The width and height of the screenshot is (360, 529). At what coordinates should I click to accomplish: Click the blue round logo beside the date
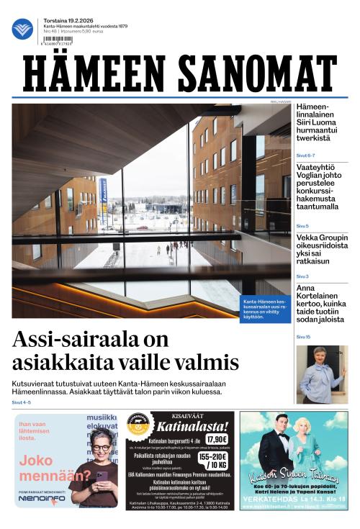pyautogui.click(x=22, y=29)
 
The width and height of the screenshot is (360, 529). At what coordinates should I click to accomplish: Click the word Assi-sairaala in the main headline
pyautogui.click(x=78, y=338)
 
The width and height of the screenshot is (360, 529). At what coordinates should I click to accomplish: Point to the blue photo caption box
pyautogui.click(x=265, y=307)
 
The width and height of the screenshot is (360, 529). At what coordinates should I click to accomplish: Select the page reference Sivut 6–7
pyautogui.click(x=305, y=155)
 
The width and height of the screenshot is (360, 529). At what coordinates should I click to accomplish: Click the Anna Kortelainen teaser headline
pyautogui.click(x=320, y=304)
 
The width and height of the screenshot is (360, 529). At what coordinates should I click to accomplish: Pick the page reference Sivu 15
pyautogui.click(x=303, y=336)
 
